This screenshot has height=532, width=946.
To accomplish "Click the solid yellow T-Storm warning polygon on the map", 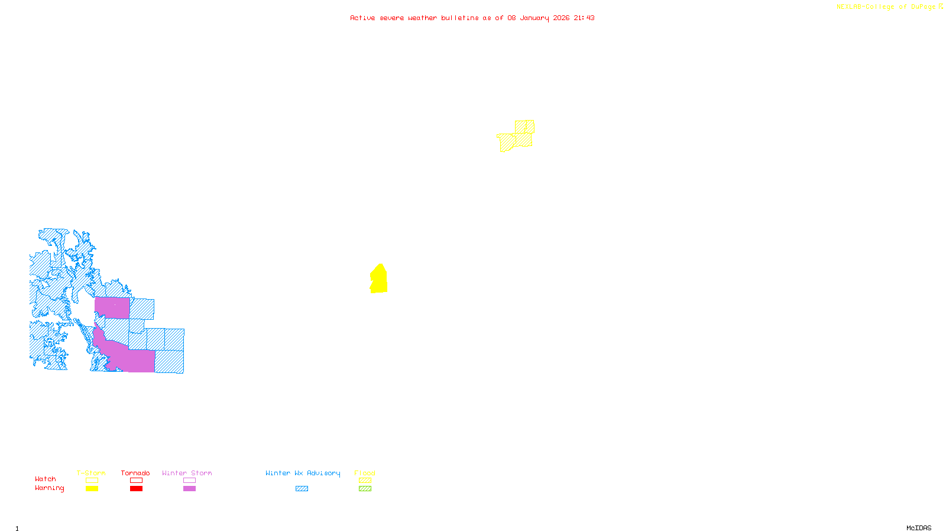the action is pyautogui.click(x=379, y=280).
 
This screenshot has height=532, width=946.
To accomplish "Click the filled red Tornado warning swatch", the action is pyautogui.click(x=136, y=489).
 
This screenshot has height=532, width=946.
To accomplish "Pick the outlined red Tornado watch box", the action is pyautogui.click(x=136, y=481).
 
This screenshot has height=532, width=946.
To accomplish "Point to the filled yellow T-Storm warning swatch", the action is pyautogui.click(x=92, y=489).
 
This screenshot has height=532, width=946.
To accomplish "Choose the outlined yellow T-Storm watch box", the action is pyautogui.click(x=92, y=481).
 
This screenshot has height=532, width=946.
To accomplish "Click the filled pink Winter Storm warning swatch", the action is pyautogui.click(x=189, y=489).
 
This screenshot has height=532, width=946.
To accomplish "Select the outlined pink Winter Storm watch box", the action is pyautogui.click(x=189, y=481).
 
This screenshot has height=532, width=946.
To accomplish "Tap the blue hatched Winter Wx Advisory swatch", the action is pyautogui.click(x=302, y=489).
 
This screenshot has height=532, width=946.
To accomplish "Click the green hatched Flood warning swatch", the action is pyautogui.click(x=365, y=489).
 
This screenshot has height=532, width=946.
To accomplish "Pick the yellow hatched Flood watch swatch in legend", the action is pyautogui.click(x=365, y=481).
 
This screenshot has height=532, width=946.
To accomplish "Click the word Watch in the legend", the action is pyautogui.click(x=46, y=479).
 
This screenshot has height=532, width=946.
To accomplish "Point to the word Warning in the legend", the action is pyautogui.click(x=49, y=488).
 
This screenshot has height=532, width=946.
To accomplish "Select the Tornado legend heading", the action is pyautogui.click(x=135, y=473).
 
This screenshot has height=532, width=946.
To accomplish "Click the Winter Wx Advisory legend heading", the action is pyautogui.click(x=303, y=473).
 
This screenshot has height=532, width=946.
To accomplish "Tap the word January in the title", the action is pyautogui.click(x=534, y=18).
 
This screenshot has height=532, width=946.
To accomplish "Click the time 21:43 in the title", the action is pyautogui.click(x=584, y=18).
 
